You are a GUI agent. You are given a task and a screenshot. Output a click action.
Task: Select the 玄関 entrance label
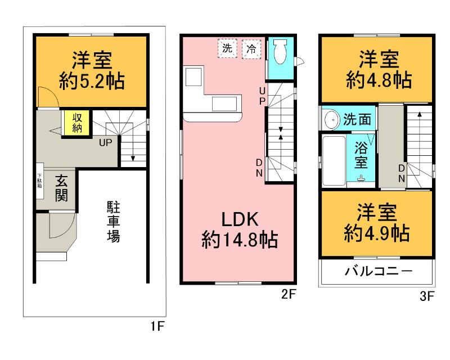click(61, 188)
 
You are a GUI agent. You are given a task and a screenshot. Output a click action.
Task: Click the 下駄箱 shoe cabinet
click(40, 183)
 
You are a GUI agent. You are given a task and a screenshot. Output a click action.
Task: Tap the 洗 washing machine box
click(227, 48)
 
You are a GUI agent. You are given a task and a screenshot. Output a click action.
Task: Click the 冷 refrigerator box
click(251, 48)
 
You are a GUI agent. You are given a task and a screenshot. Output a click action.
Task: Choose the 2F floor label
click(289, 294)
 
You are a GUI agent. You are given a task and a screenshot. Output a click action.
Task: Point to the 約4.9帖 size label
click(376, 232)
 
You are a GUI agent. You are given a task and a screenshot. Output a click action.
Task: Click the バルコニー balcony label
click(378, 272)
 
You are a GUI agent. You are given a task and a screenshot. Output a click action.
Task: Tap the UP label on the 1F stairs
click(105, 142)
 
